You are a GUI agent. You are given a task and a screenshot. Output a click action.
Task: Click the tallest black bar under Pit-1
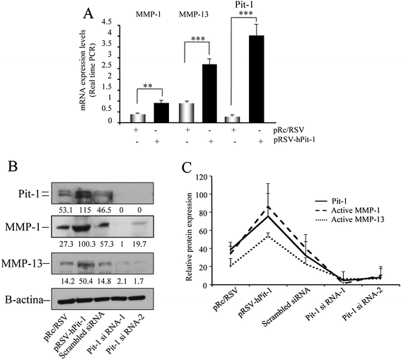257,79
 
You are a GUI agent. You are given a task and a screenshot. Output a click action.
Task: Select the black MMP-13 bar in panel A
210,93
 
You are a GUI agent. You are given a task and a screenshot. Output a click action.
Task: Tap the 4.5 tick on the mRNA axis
107,22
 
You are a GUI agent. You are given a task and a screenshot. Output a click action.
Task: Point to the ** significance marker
148,86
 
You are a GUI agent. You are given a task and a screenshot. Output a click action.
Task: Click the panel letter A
88,13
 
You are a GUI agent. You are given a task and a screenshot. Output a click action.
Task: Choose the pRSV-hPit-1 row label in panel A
294,140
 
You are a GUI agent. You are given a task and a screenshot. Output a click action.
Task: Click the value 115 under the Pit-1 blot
85,210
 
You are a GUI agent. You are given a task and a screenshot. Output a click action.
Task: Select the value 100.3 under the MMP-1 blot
86,245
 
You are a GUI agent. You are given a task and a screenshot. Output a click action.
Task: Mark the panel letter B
13,166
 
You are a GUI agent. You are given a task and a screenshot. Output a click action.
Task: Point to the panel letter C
187,168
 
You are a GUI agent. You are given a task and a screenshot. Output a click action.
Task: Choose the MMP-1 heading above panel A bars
149,14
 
